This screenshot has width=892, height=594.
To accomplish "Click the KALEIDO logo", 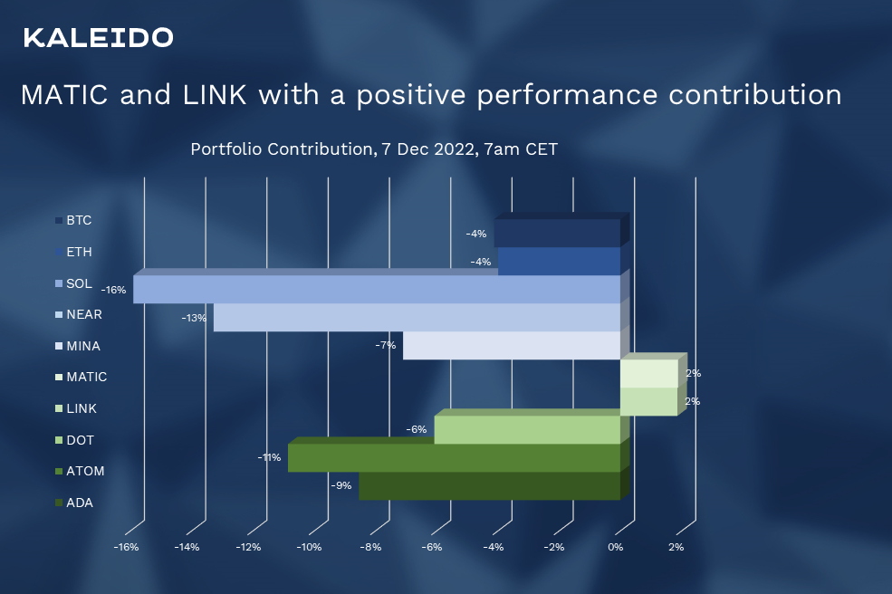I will [x=98, y=37].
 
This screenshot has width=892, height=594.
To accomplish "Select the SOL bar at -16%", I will [x=376, y=290].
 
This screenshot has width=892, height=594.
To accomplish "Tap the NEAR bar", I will [x=417, y=318].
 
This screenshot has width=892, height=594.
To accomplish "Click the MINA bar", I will [x=512, y=346].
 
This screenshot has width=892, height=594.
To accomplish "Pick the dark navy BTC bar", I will [x=557, y=233].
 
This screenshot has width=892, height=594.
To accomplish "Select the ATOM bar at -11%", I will [x=454, y=458].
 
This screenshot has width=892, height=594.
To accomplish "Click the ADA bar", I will [x=489, y=486].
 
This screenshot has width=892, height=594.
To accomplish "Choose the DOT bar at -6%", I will [x=527, y=430].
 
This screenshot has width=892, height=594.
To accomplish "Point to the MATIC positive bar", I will [x=648, y=373].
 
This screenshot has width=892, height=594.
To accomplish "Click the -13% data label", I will [x=195, y=318].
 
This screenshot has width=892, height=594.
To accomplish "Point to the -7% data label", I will [x=386, y=345].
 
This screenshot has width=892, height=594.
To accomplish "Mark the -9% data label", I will [x=340, y=485].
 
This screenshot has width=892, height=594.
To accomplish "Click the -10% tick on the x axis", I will [x=310, y=547].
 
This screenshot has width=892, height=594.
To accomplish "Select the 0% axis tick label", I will [x=616, y=547].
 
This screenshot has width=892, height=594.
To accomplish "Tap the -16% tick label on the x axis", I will [x=125, y=547].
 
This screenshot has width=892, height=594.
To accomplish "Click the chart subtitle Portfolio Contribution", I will [x=373, y=148].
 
